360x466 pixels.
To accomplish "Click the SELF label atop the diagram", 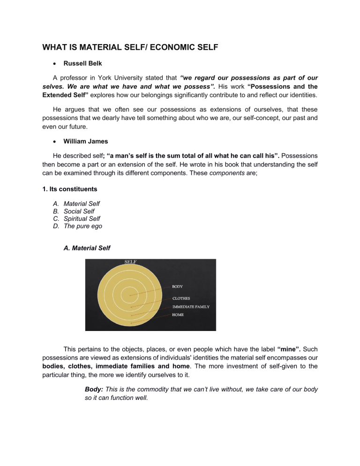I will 130,262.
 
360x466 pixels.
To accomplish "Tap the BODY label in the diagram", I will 178,286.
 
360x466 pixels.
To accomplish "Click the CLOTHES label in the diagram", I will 182,298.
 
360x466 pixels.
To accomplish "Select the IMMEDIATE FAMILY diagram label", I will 191,307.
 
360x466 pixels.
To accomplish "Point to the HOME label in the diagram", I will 178,315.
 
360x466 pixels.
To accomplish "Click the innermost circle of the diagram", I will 130,295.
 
